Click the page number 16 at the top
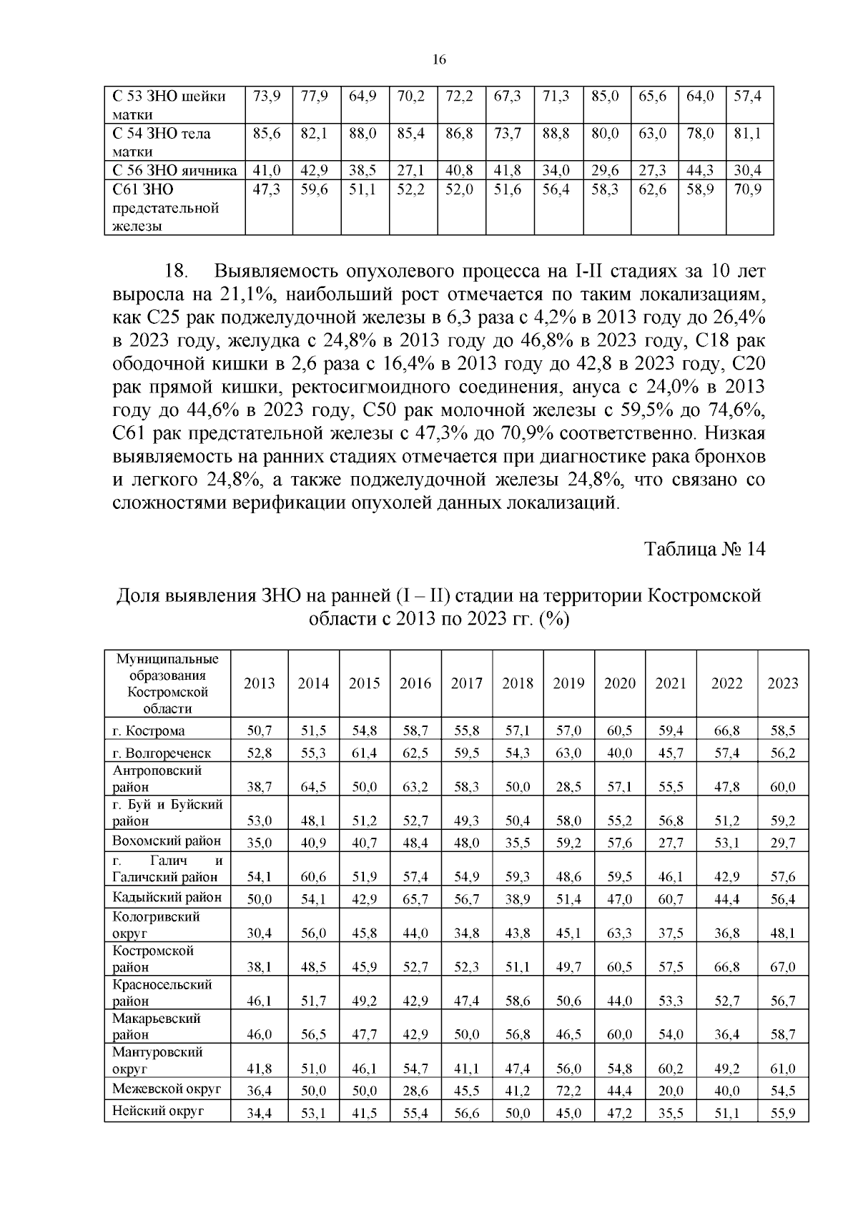coord(440,61)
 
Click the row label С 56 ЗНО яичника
coord(174,171)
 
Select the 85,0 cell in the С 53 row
coord(605,96)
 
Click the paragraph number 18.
coord(176,272)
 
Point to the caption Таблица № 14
coord(705,549)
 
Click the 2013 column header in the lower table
coord(259,683)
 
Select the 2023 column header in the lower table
coord(782,683)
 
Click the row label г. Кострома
coord(149,731)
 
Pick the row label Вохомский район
coord(167,841)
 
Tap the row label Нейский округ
coord(158,1111)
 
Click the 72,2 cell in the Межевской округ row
coord(568,1091)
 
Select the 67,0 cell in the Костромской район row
coord(782,968)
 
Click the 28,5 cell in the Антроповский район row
coord(568,787)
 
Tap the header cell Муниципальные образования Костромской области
coord(167,683)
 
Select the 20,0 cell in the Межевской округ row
coord(670,1091)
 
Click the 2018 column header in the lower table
coord(517,683)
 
